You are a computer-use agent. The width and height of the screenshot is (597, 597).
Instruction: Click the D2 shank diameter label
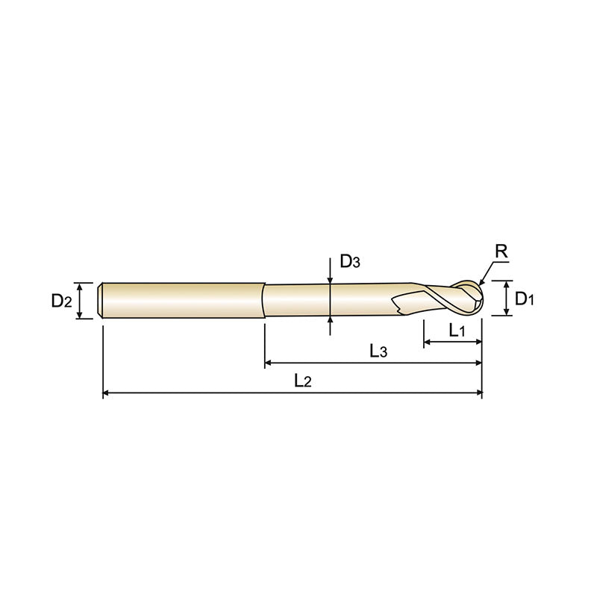[x=61, y=301]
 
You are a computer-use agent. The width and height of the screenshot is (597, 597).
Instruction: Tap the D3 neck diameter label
[x=350, y=262]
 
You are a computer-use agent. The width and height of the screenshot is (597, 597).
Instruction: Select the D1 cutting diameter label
[x=526, y=300]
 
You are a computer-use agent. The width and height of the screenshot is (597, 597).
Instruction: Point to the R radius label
[x=501, y=252]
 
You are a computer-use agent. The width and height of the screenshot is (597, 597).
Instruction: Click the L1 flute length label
[x=456, y=331]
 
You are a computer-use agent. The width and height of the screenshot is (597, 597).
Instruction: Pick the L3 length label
[x=378, y=351]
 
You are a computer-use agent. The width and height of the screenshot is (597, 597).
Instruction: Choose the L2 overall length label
[x=302, y=381]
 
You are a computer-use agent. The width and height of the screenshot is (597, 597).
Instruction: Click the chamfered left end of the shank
[x=101, y=300]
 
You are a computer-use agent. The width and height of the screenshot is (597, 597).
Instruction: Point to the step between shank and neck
[x=265, y=300]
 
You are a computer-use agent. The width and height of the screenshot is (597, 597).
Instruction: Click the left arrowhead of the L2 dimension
[x=107, y=392]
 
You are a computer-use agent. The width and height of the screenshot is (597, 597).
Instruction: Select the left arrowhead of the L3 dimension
[x=269, y=363]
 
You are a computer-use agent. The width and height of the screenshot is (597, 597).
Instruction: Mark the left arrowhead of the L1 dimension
[x=428, y=342]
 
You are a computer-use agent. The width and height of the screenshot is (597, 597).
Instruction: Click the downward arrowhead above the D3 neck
[x=330, y=280]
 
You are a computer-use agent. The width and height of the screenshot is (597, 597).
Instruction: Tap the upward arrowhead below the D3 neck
[x=330, y=320]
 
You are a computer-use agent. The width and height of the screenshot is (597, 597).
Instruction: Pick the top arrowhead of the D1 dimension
[x=506, y=284]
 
